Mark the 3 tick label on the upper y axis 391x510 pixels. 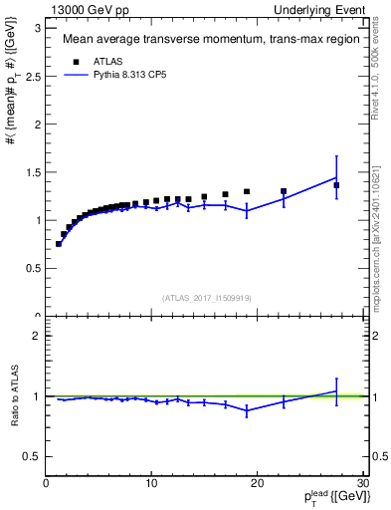pos(38,27)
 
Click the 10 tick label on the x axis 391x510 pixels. pos(150,484)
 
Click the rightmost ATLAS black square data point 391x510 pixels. pos(336,185)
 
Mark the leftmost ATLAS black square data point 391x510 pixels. pos(59,243)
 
